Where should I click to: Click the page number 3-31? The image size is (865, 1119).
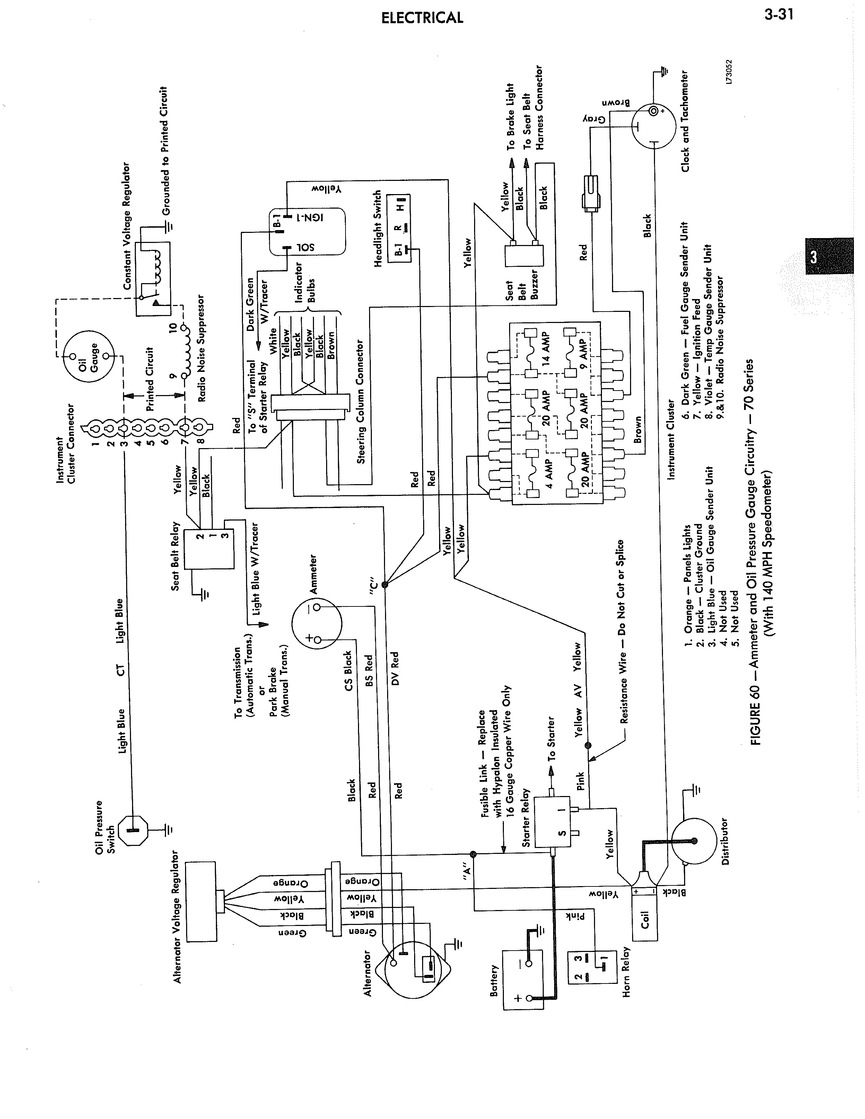point(778,14)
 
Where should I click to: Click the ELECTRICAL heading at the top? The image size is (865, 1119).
point(422,18)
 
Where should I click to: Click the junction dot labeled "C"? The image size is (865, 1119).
point(384,584)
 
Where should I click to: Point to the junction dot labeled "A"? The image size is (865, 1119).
point(473,854)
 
